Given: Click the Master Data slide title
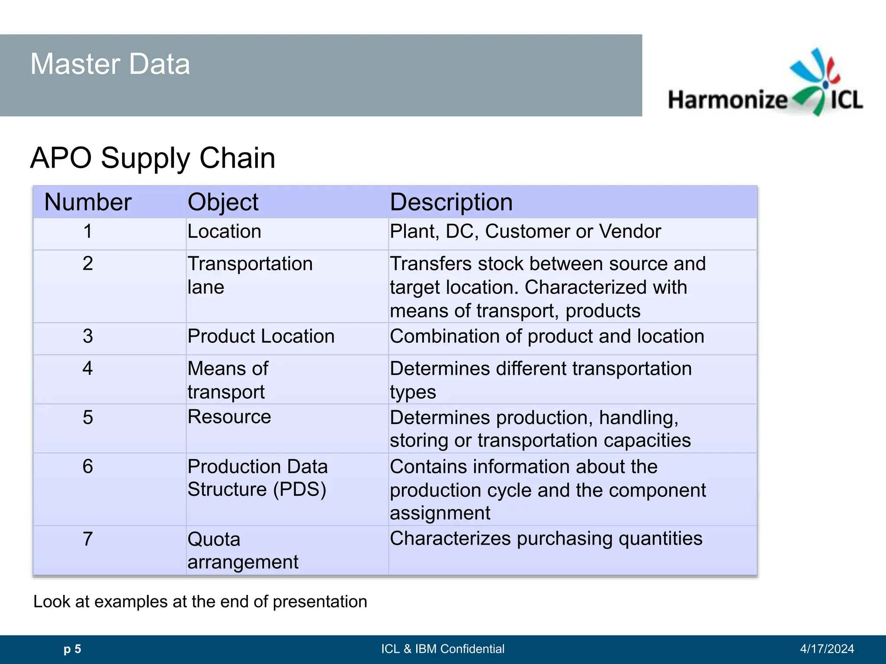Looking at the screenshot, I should pyautogui.click(x=110, y=64).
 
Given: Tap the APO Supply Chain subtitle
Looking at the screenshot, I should pyautogui.click(x=153, y=158).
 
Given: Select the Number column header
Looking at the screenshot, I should pyautogui.click(x=88, y=202).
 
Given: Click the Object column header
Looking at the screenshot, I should pyautogui.click(x=223, y=202).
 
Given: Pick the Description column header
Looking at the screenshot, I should pyautogui.click(x=451, y=202).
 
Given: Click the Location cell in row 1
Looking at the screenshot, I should pyautogui.click(x=224, y=232).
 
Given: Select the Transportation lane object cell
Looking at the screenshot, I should pyautogui.click(x=250, y=275).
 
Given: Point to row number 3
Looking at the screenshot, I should pyautogui.click(x=88, y=336).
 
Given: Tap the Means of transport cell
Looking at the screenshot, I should pyautogui.click(x=228, y=380).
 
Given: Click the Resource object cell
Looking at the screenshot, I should pyautogui.click(x=229, y=417).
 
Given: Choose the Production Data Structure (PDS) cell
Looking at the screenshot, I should pyautogui.click(x=257, y=478).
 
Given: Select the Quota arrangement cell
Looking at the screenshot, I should pyautogui.click(x=243, y=550).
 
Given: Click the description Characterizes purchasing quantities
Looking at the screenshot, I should pyautogui.click(x=546, y=539).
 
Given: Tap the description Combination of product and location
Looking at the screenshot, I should pyautogui.click(x=547, y=336).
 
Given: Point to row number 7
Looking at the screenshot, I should pyautogui.click(x=88, y=539).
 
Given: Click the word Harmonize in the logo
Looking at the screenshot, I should pyautogui.click(x=728, y=100).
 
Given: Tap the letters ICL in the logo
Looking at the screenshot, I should pyautogui.click(x=847, y=100).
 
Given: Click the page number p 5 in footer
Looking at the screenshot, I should pyautogui.click(x=72, y=649).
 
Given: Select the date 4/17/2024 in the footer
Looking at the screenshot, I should pyautogui.click(x=827, y=649).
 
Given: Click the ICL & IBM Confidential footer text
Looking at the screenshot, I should pyautogui.click(x=443, y=649).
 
